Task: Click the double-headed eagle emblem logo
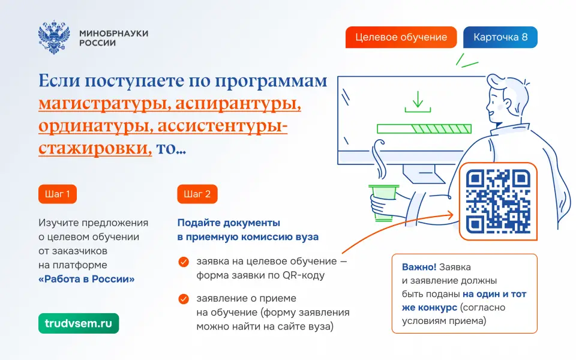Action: (x=54, y=37)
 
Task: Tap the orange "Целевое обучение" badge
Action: (x=401, y=37)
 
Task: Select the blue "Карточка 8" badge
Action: (x=500, y=37)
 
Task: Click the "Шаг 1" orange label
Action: (x=58, y=194)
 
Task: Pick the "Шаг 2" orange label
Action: (x=197, y=194)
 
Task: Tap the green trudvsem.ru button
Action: (x=79, y=323)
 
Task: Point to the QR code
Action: (x=498, y=202)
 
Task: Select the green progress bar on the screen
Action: (x=424, y=128)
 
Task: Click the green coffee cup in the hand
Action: (x=384, y=203)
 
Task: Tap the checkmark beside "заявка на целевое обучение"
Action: (x=184, y=262)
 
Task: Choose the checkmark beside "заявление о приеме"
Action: (x=184, y=299)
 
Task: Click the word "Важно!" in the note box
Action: (x=419, y=267)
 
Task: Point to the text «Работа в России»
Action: (x=86, y=279)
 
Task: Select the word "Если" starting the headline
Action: (x=59, y=80)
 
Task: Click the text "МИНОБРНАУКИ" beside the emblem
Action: (x=114, y=33)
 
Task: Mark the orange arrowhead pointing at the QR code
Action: (x=451, y=215)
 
